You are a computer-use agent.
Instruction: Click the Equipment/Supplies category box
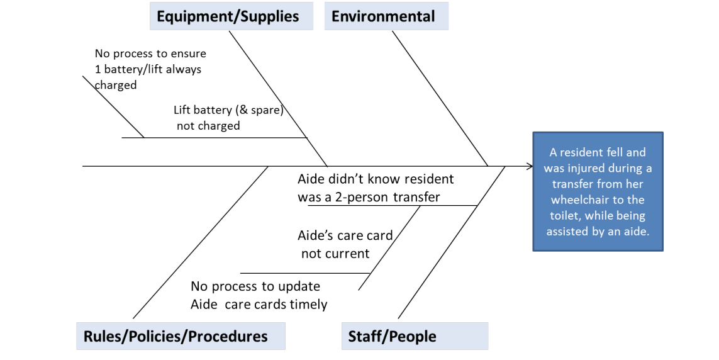click(230, 16)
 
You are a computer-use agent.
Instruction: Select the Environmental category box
click(386, 16)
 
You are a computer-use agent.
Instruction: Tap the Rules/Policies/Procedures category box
click(180, 336)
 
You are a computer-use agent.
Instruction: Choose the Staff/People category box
click(414, 336)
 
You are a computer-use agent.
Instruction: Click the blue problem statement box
click(598, 191)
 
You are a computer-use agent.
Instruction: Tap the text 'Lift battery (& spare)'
click(228, 110)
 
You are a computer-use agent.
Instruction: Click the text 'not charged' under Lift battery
click(208, 126)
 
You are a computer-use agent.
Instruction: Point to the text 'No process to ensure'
click(150, 53)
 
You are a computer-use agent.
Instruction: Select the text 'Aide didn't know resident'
click(376, 179)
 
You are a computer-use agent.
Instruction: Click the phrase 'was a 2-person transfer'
click(369, 197)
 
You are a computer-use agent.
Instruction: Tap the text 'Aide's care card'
click(345, 236)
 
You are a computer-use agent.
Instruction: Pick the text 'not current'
click(335, 254)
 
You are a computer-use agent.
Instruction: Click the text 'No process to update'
click(255, 286)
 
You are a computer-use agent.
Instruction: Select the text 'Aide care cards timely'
click(259, 305)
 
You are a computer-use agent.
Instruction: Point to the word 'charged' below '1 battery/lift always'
click(116, 85)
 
